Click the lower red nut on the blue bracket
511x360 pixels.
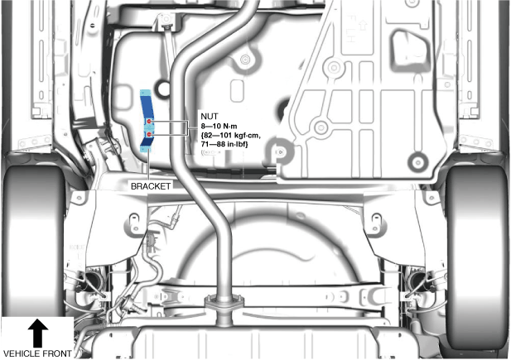(x=148, y=134)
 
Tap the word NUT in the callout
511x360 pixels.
(x=207, y=118)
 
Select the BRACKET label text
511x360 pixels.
(x=151, y=187)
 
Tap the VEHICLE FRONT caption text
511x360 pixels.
(x=38, y=353)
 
